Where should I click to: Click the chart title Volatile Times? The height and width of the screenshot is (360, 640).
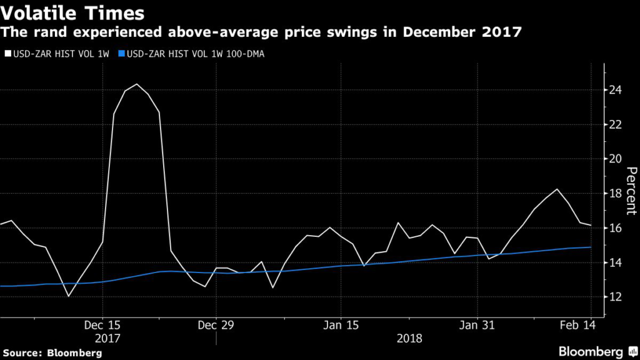73,12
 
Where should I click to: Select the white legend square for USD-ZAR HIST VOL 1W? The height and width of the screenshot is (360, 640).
7,54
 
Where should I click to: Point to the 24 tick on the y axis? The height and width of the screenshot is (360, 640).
616,90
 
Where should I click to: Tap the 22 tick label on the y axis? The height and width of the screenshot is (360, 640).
616,124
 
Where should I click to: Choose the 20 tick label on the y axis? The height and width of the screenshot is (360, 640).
616,159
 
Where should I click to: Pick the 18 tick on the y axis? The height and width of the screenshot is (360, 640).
616,194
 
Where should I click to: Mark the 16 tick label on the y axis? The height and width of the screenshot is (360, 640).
616,228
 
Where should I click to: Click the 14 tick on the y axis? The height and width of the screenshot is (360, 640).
616,262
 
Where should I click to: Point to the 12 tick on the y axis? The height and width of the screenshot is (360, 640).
616,297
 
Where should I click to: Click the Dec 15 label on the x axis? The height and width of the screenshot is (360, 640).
102,325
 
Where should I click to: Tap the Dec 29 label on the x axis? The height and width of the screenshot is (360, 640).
216,325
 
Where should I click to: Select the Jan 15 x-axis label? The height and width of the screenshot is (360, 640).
341,325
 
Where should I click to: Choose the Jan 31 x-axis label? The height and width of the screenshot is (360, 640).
477,325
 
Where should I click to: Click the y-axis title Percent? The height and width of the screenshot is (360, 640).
631,191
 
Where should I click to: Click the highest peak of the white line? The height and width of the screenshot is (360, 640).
137,84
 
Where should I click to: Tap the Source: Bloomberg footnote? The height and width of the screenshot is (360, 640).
51,353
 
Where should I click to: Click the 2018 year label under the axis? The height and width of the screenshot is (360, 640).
409,339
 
